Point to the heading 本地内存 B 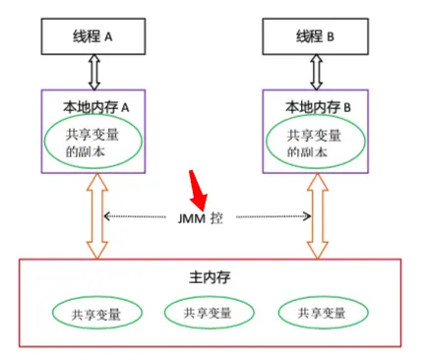tap(315, 105)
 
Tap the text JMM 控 tap(203, 217)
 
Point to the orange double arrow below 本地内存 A tap(95, 217)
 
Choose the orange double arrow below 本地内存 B tap(315, 217)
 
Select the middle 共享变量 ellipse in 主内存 tap(209, 313)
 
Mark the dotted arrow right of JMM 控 tap(271, 217)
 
